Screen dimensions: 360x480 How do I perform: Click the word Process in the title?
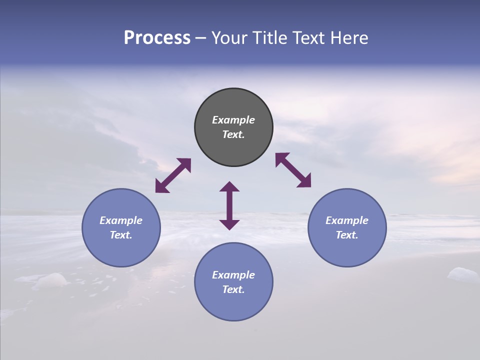coord(157,38)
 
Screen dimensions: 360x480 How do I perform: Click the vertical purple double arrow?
coord(229,205)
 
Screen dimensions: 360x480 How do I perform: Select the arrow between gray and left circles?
coord(173,175)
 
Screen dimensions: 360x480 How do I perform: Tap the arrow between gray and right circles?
coord(293,170)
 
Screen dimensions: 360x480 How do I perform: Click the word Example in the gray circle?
coord(233,120)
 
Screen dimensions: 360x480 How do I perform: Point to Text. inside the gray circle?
coord(233,134)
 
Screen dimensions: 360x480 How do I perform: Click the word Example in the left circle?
coord(121,220)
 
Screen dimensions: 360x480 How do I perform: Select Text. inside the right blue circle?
coord(347,235)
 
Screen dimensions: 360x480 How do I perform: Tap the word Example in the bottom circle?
coord(233,275)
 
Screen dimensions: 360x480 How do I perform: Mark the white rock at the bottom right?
coord(462,274)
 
